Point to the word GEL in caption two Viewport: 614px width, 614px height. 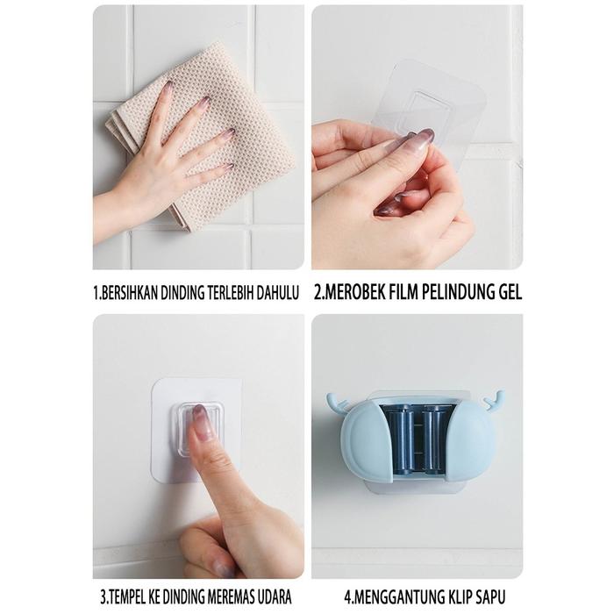pos(510,292)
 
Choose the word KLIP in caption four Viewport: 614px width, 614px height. pos(454,597)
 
